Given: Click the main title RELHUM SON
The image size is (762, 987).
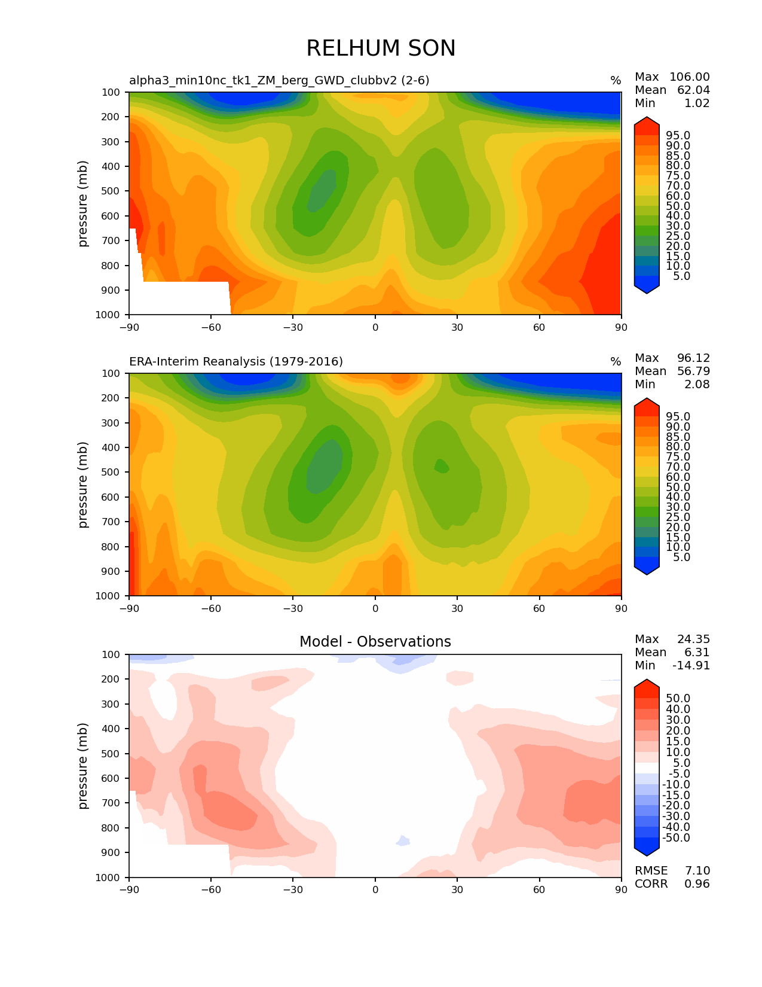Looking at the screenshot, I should pyautogui.click(x=381, y=48).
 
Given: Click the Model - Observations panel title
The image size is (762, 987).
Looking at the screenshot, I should pyautogui.click(x=375, y=642).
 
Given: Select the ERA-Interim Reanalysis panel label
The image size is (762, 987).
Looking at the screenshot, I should pyautogui.click(x=236, y=362).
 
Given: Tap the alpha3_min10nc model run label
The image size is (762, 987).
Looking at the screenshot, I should pyautogui.click(x=279, y=81).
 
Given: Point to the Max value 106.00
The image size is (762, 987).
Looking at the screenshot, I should pyautogui.click(x=689, y=77).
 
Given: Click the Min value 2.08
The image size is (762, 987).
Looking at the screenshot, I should pyautogui.click(x=697, y=385).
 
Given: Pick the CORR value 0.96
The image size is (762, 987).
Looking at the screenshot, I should pyautogui.click(x=697, y=884).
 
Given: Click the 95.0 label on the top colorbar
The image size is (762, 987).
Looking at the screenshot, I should pyautogui.click(x=678, y=136).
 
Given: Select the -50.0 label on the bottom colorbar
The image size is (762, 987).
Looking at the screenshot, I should pyautogui.click(x=677, y=838).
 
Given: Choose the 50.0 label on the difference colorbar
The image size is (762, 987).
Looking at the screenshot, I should pyautogui.click(x=678, y=699).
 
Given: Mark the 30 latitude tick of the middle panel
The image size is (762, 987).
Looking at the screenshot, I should pyautogui.click(x=457, y=608).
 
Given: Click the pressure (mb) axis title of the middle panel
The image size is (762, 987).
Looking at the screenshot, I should pyautogui.click(x=83, y=485).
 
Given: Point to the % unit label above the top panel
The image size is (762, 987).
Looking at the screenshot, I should pyautogui.click(x=615, y=81).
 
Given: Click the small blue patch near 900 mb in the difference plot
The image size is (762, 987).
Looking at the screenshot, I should pyautogui.click(x=403, y=840).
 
